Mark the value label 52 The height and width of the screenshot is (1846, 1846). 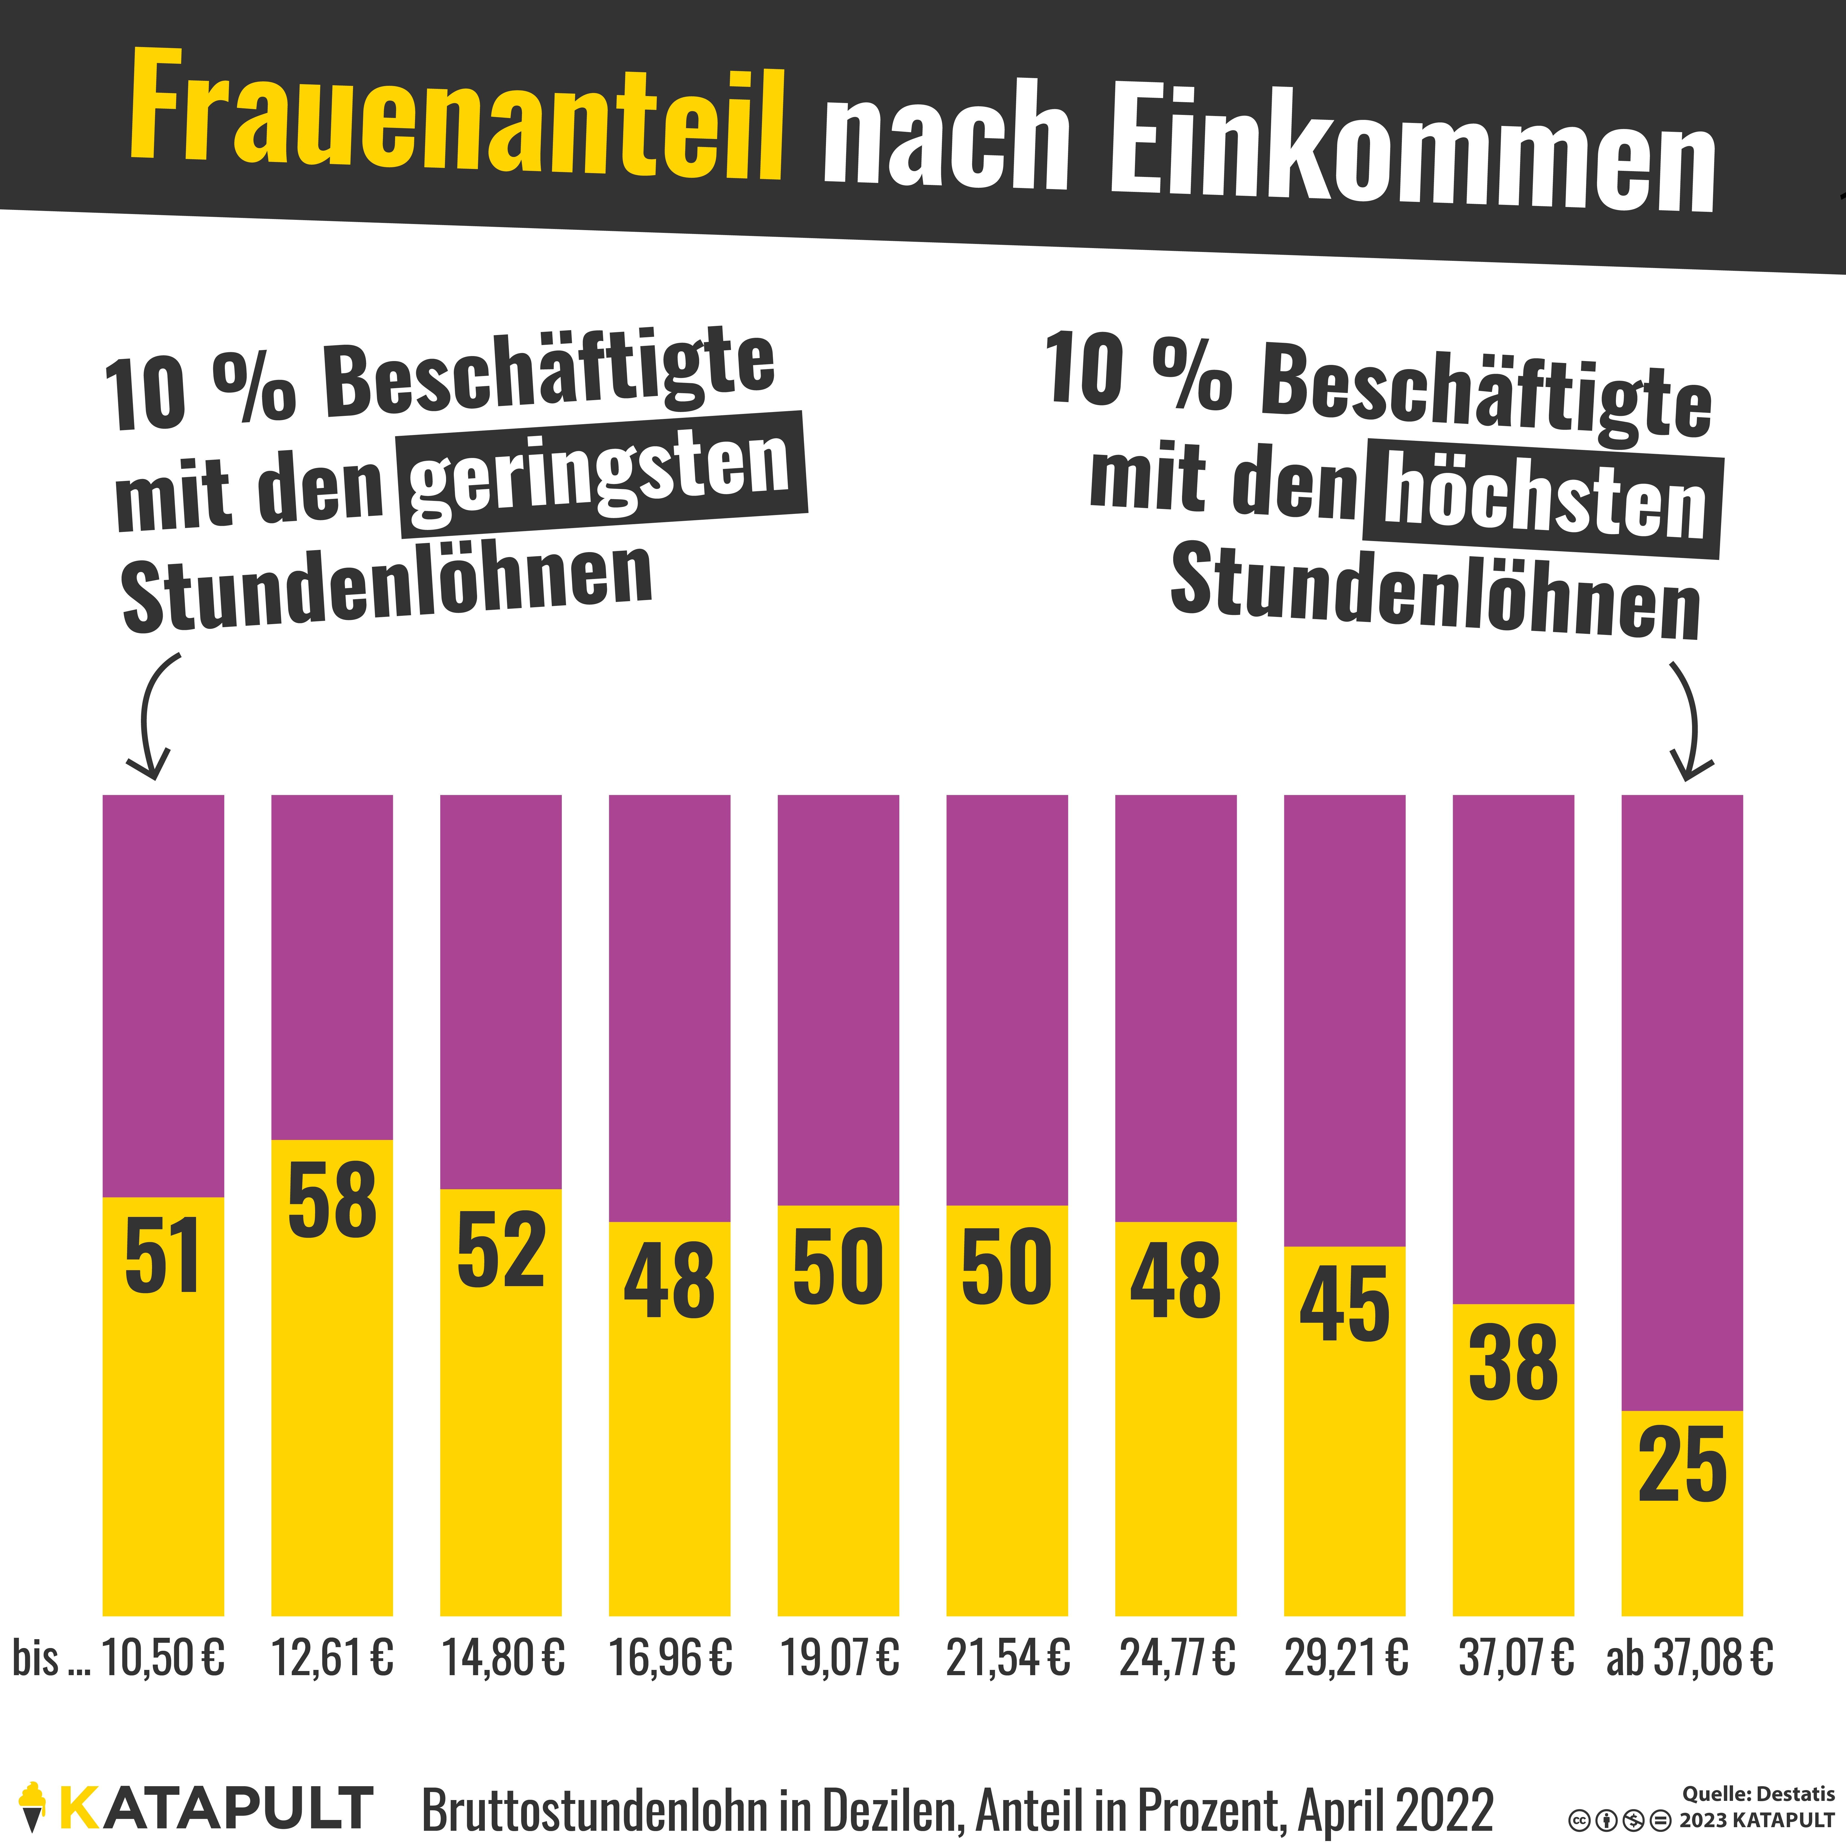click(x=501, y=1250)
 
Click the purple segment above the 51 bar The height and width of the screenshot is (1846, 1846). click(x=163, y=994)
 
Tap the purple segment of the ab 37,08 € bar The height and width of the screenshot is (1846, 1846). click(x=1682, y=1099)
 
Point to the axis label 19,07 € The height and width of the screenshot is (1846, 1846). click(x=839, y=1658)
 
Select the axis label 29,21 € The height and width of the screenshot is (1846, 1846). click(x=1345, y=1658)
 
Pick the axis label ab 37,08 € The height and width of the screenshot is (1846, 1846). click(x=1689, y=1658)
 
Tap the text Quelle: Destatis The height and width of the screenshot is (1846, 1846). click(x=1758, y=1793)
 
